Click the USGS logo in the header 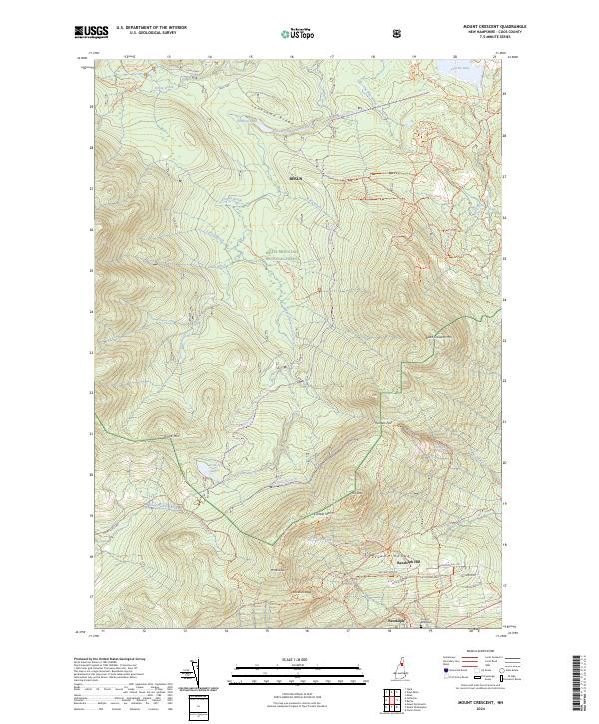(x=91, y=33)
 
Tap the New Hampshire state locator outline (x=404, y=674)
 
